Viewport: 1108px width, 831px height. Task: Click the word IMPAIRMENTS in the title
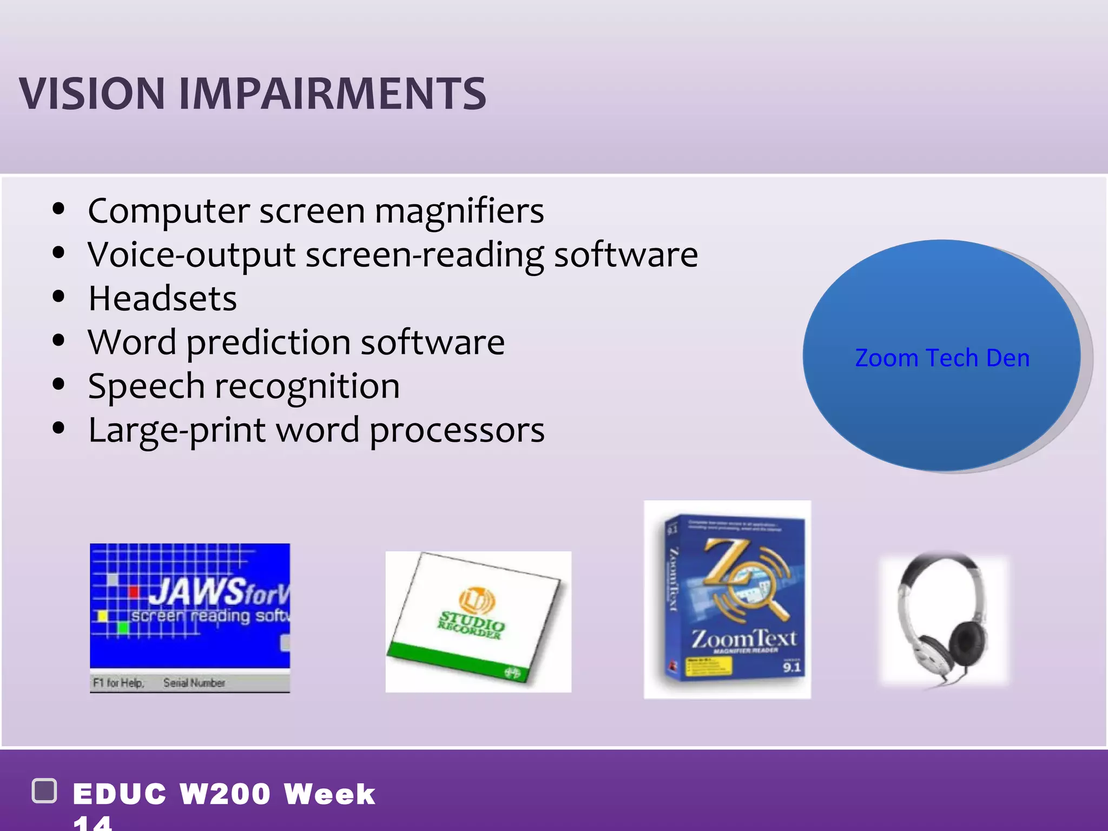(333, 94)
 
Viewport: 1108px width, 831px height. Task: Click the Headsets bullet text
(162, 299)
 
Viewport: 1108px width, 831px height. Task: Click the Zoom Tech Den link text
(942, 358)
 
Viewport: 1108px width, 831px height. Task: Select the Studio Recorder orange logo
(476, 599)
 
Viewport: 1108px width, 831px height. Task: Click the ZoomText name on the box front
(744, 638)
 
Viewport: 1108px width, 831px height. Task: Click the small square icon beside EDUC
(45, 791)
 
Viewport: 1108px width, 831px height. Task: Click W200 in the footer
(225, 794)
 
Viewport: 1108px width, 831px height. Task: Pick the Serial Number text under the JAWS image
(194, 683)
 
